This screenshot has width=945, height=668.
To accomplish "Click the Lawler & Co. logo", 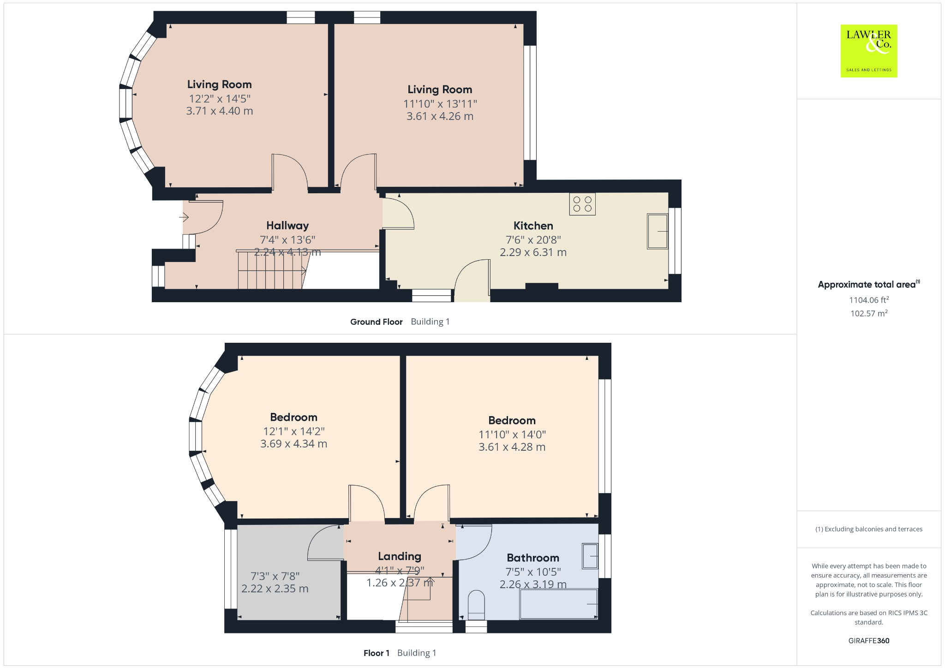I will [x=868, y=51].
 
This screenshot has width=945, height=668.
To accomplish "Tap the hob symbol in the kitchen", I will [x=582, y=204].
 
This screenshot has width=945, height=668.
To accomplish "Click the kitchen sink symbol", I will [x=658, y=231].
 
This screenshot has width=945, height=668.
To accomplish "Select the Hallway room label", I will [x=287, y=226].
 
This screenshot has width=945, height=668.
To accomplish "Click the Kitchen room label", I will [x=533, y=226].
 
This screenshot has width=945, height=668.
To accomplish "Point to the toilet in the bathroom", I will [x=476, y=605].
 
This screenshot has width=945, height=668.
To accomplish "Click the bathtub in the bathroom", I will [x=558, y=604].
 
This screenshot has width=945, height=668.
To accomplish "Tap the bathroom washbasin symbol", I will [x=590, y=556].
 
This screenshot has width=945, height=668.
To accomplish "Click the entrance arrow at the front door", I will [x=184, y=217].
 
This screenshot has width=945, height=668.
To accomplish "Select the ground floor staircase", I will [x=271, y=272].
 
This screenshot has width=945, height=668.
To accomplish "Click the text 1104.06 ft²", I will [x=868, y=300].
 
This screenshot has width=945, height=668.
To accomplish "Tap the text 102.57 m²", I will [x=868, y=313].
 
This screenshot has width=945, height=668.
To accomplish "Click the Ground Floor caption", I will [x=376, y=322].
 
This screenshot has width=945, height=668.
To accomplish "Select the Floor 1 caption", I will [x=376, y=653].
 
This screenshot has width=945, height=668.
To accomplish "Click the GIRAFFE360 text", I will [x=868, y=640].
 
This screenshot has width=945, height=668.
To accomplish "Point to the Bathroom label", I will [x=532, y=558].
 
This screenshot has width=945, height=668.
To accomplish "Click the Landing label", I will [x=399, y=556].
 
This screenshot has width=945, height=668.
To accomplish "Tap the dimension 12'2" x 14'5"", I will [x=219, y=99].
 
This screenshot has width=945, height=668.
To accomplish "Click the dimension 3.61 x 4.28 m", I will [x=512, y=447].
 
